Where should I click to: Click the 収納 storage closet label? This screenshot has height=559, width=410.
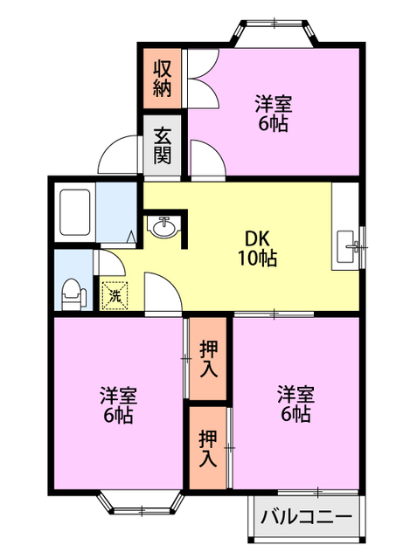(x=162, y=79)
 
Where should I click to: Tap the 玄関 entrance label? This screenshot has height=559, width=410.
(x=163, y=146)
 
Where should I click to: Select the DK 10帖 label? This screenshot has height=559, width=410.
(x=257, y=248)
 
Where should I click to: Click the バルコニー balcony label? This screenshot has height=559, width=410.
(x=306, y=516)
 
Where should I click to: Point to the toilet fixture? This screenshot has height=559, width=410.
(x=73, y=294)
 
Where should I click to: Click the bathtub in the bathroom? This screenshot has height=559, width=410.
(x=74, y=212)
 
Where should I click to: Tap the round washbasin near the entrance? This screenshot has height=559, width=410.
(x=163, y=227)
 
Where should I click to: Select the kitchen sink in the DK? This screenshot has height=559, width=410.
(x=347, y=247)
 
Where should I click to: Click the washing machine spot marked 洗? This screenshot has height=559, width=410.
(x=115, y=295)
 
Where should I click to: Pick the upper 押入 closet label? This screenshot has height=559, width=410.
(x=208, y=359)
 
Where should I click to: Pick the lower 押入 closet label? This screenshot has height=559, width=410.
(x=208, y=448)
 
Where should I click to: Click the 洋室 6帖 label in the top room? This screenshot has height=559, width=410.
(x=274, y=114)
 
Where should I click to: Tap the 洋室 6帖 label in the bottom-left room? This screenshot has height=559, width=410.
(x=119, y=404)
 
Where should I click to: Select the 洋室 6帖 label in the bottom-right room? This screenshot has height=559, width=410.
(x=295, y=404)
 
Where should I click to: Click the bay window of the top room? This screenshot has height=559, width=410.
(x=274, y=33)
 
